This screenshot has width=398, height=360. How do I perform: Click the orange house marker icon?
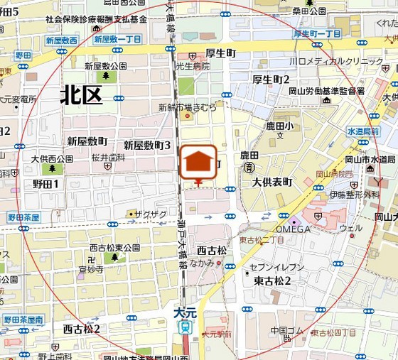coord(198,163)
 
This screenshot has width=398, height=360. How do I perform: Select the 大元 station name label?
coord(184,312)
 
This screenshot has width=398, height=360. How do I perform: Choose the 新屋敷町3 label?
coord(147,145)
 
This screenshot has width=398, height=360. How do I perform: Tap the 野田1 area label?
coord(46,184)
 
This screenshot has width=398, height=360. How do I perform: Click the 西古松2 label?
coord(81,329)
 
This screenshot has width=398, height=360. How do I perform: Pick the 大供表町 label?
coord(272,182)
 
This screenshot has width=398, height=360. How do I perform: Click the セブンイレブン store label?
coord(277,267)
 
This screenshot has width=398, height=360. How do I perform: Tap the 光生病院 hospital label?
coord(193,66)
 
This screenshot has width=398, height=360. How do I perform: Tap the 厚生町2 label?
coord(271,79)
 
